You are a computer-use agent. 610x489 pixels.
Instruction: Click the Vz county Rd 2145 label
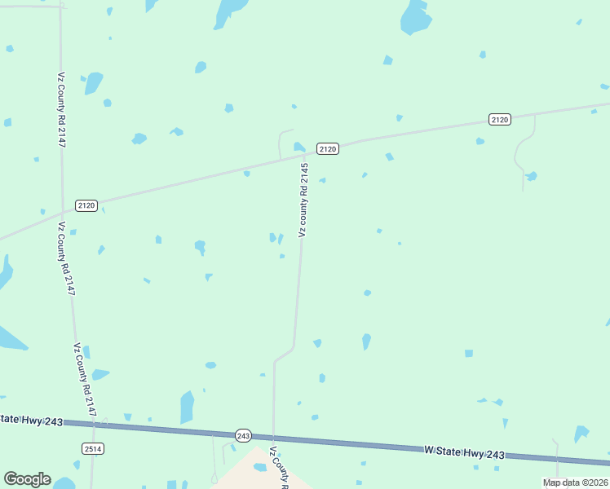click(303, 200)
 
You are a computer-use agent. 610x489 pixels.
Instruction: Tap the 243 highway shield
click(243, 435)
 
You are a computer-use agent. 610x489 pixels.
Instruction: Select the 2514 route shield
click(93, 448)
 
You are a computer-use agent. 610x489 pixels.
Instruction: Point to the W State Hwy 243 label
click(464, 452)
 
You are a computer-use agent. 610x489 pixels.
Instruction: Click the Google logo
click(27, 479)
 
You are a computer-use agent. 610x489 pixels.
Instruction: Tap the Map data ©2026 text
click(576, 482)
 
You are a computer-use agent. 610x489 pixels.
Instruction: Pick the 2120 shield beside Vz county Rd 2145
click(327, 148)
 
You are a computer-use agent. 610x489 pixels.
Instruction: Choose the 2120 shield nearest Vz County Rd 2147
click(86, 205)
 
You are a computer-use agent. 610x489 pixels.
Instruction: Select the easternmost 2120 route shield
click(500, 120)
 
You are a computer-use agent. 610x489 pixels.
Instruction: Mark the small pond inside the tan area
click(260, 468)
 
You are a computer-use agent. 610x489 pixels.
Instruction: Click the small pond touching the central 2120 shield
click(299, 147)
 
